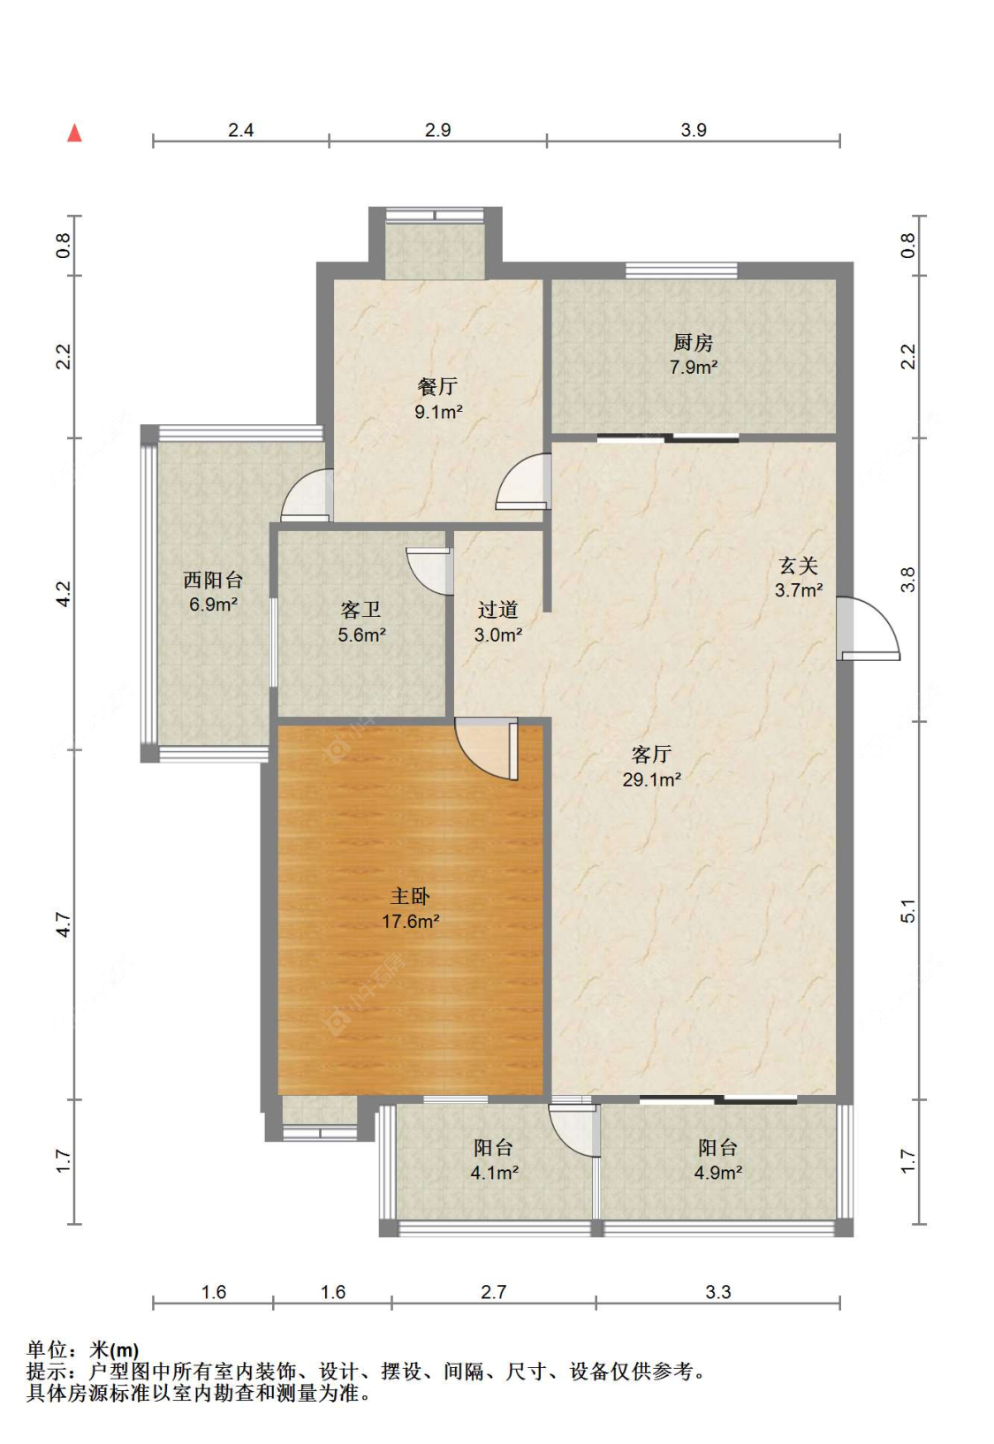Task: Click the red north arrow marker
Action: tap(75, 133)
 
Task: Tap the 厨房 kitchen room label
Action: tap(693, 343)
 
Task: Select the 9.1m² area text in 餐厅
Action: tap(439, 412)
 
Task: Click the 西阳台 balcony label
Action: tap(213, 581)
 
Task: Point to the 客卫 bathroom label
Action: tap(361, 610)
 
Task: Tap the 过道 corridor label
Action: tap(497, 610)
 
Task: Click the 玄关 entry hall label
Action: tap(798, 566)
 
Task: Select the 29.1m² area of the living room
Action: tap(651, 779)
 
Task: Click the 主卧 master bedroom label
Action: tap(410, 896)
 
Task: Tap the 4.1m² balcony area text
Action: tap(494, 1174)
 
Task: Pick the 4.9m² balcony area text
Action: tap(717, 1174)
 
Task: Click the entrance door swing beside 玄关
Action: tap(870, 629)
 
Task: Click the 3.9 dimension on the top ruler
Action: tap(694, 130)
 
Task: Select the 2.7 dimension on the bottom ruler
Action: tap(493, 1292)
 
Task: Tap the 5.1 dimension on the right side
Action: tap(908, 911)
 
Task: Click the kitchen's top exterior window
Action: tap(681, 270)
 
